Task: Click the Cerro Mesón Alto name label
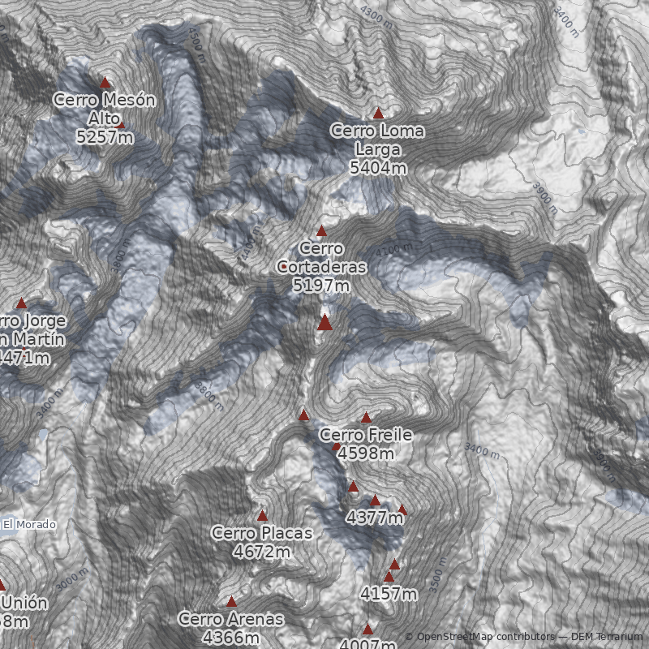coord(105,109)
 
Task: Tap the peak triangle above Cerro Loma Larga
coord(378,113)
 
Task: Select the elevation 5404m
coord(378,168)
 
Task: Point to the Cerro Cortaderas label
coord(322,257)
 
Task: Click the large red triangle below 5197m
coord(324,323)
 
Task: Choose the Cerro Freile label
coord(366,436)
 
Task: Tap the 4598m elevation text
coord(366,453)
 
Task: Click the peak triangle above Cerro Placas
coord(262,515)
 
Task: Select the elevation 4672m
coord(261,552)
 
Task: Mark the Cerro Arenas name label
coord(232,620)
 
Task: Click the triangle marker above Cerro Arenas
coord(231,602)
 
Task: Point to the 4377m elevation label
coord(374,517)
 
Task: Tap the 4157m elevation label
coord(389,595)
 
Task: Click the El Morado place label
coord(29,525)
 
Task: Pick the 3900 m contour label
coord(545,197)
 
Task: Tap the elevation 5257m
coord(105,137)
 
